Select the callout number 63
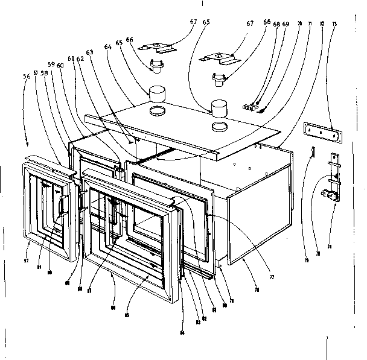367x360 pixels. pos(91,53)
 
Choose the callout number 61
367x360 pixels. pos(71,58)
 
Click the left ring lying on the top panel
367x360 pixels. pos(157,111)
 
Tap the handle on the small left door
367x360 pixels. pos(61,204)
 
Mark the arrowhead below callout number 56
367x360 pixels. pos(28,144)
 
